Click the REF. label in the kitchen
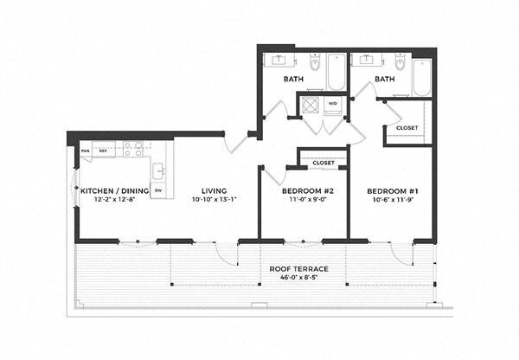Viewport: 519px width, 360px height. click(x=103, y=151)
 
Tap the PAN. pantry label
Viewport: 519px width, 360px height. click(x=86, y=151)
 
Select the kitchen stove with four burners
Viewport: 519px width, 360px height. click(x=132, y=149)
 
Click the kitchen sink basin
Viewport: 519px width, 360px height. click(x=158, y=169)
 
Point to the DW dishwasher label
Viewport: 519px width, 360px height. click(x=158, y=190)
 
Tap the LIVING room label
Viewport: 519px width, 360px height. click(x=214, y=190)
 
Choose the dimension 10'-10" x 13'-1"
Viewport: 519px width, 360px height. click(x=214, y=199)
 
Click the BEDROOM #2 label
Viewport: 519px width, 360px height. click(x=303, y=190)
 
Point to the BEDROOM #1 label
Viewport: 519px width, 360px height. click(x=391, y=190)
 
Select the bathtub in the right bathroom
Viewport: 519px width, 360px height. click(x=421, y=76)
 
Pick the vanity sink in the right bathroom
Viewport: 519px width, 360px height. click(x=368, y=60)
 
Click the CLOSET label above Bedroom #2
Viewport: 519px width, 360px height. click(x=324, y=162)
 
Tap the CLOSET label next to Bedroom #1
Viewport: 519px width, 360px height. click(x=407, y=127)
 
